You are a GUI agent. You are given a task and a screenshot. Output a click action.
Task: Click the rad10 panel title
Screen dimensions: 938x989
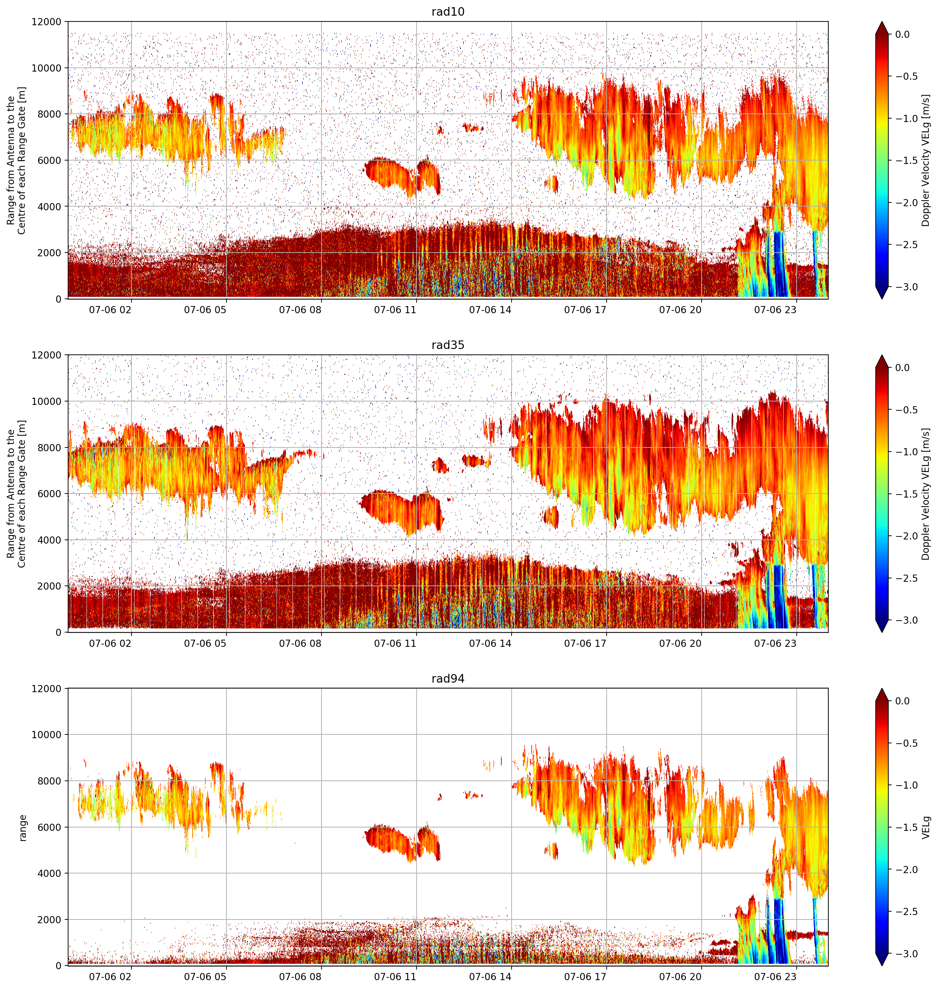448,12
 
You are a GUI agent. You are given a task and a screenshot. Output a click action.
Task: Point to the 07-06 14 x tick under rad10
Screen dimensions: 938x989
490,310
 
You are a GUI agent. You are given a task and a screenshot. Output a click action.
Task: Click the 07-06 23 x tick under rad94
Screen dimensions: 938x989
775,976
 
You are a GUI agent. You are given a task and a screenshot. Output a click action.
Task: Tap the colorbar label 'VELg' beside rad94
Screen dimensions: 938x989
926,828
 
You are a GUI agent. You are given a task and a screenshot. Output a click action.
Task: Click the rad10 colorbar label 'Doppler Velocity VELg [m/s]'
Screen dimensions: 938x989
926,160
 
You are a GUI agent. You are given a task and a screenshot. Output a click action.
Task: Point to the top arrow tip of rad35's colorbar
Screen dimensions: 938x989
882,356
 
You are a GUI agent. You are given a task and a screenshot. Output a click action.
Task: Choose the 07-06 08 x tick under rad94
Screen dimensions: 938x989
300,976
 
